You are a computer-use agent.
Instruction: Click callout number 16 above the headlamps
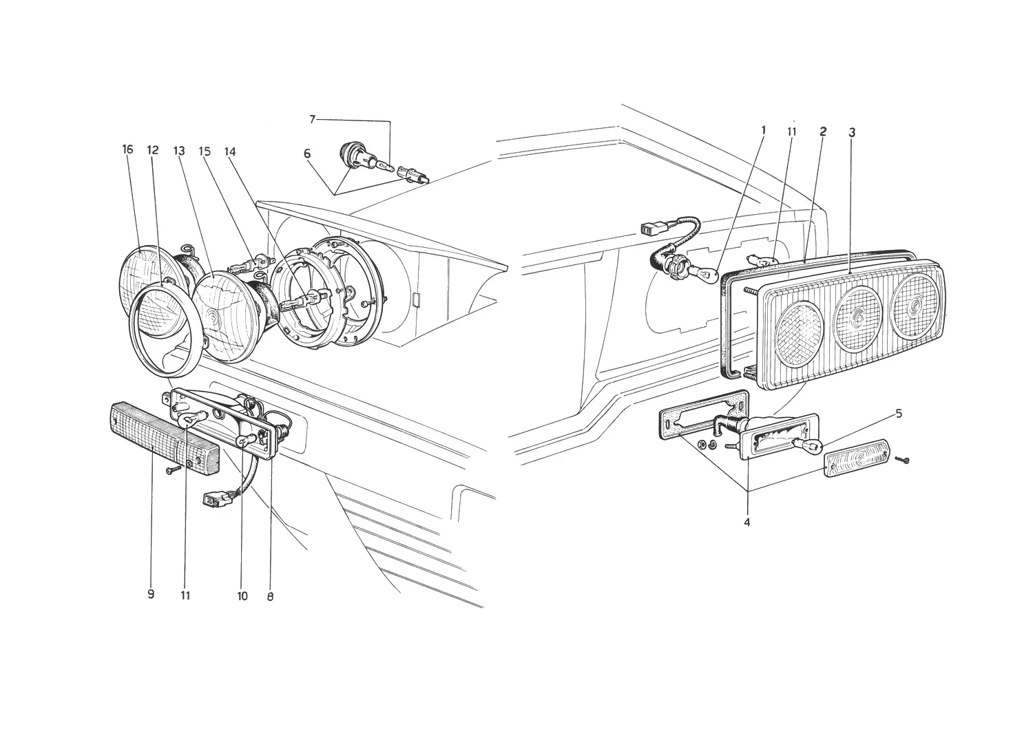pos(127,149)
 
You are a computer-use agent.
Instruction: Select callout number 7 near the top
pos(312,120)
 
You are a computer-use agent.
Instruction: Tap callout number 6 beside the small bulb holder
pos(308,153)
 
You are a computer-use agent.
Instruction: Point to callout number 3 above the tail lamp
pos(852,133)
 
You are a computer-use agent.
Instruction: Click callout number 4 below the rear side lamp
pos(747,522)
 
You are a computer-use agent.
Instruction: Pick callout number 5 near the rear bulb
pos(899,414)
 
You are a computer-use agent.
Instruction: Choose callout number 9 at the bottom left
pos(151,594)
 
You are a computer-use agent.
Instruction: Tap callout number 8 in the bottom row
pos(270,596)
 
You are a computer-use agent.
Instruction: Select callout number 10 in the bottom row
pos(242,596)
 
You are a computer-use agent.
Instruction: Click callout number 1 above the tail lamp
pos(763,130)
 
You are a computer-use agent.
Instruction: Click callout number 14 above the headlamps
pos(229,151)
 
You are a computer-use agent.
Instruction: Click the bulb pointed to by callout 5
pos(808,445)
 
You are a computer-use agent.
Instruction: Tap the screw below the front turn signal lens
pos(174,470)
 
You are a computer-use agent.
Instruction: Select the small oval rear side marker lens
pos(857,458)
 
